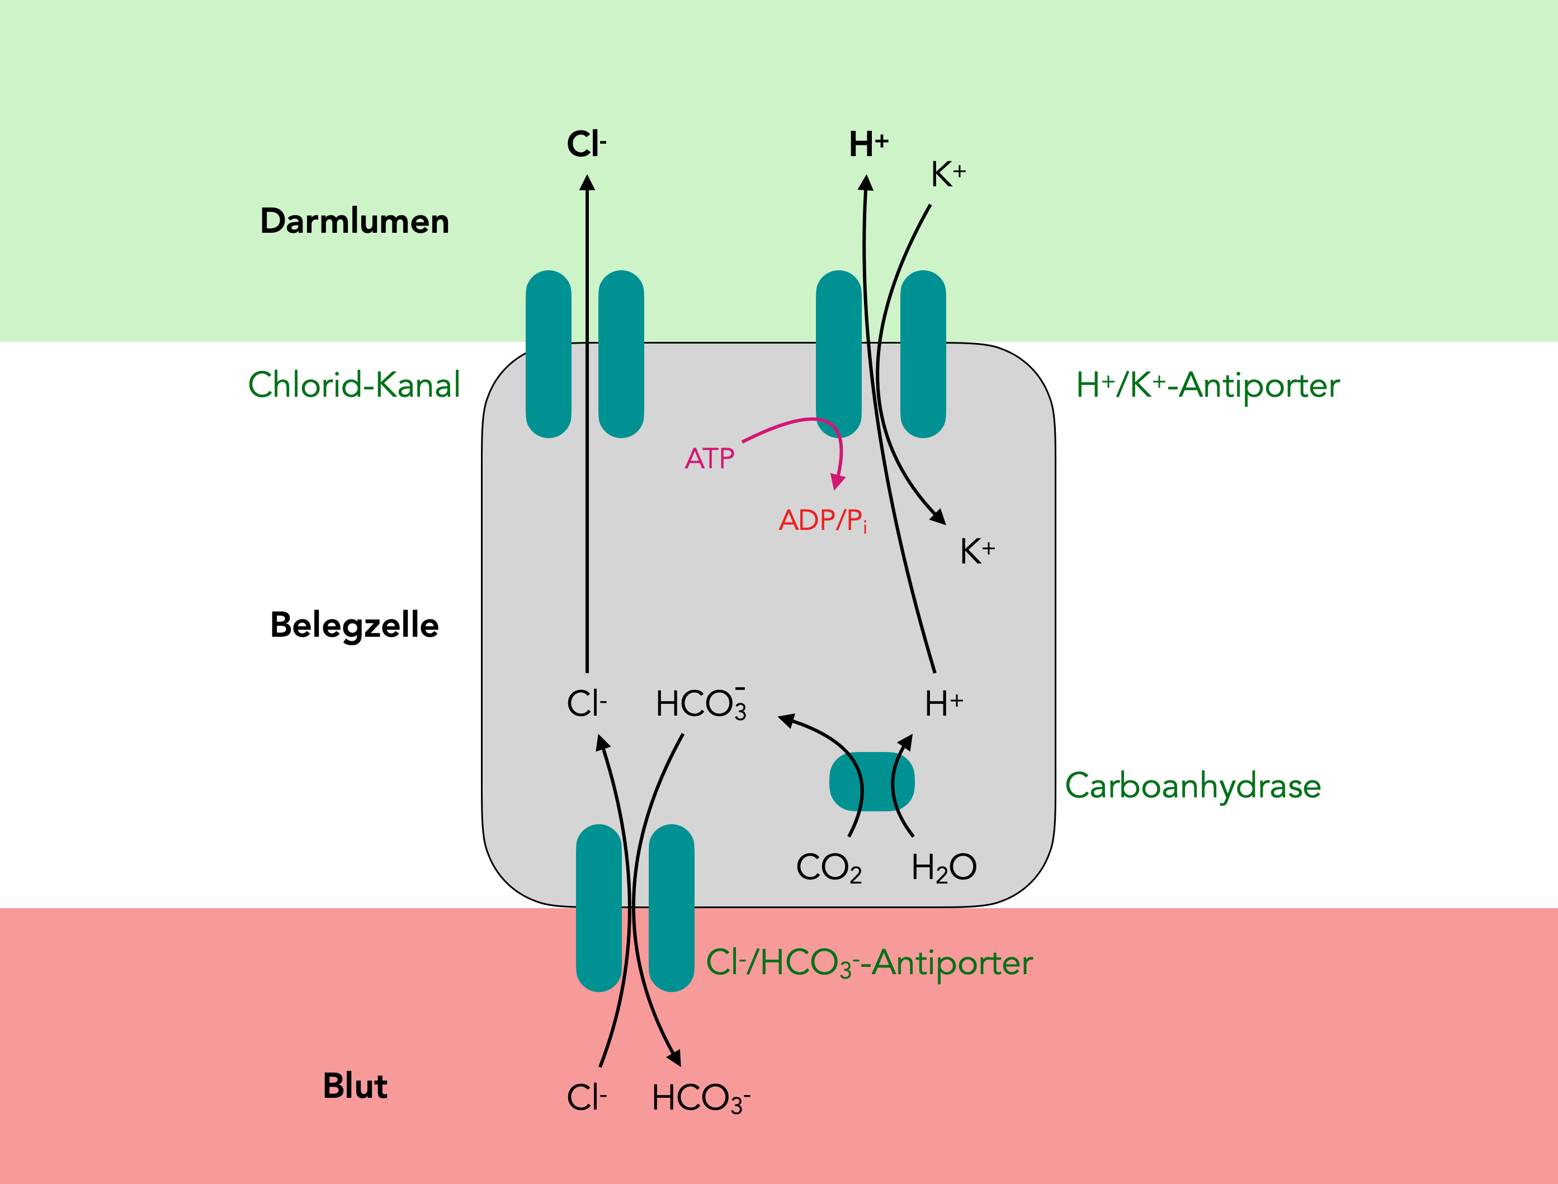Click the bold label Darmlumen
pos(355,221)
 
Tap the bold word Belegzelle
pos(355,625)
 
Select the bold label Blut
pos(355,1086)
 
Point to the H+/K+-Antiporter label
pos(1207,386)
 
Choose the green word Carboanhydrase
pos(1192,786)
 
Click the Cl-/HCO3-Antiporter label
pos(868,964)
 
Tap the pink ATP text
pos(709,459)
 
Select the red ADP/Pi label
pos(823,520)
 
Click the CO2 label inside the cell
pos(828,867)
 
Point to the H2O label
pos(943,867)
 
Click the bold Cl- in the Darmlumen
pos(586,144)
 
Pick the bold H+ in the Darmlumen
pos(868,144)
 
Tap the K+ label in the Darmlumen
pos(948,174)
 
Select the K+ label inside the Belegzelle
pos(977,551)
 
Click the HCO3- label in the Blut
pos(700,1098)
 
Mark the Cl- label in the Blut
pos(586,1098)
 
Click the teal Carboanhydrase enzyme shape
pos(872,782)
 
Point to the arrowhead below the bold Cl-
pos(587,182)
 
